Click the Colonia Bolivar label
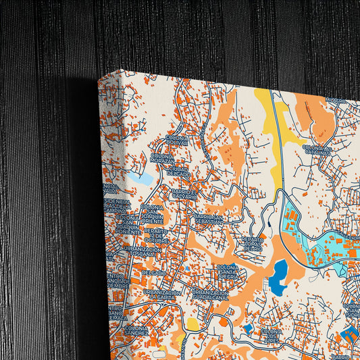point(176,140)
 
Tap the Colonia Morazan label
point(162,159)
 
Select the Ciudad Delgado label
point(178,172)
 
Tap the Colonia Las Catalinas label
point(317,149)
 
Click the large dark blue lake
point(278,276)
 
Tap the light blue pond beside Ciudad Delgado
point(145,179)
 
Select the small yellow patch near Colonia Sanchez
point(193,325)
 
